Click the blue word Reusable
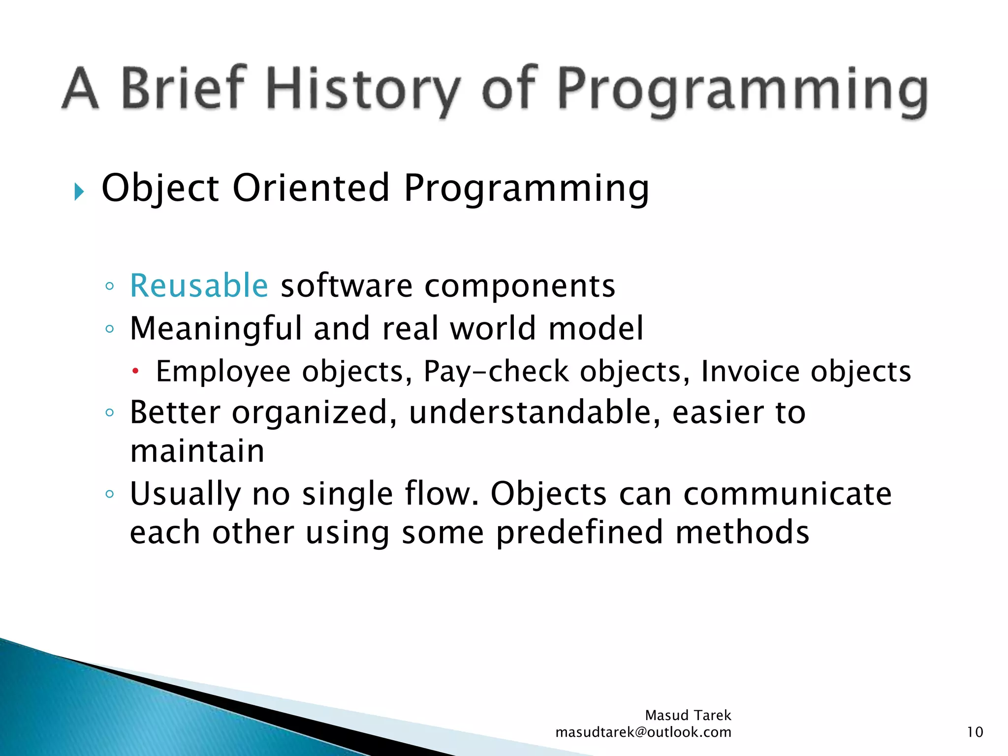(199, 285)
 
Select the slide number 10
(975, 732)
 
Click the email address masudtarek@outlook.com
(643, 732)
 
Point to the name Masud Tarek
(688, 715)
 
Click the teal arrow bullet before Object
(79, 191)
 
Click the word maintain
(197, 451)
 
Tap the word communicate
(787, 494)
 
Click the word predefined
(579, 533)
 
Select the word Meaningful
(216, 328)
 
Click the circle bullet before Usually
(110, 494)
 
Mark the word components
(520, 285)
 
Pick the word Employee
(223, 372)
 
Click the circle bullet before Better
(110, 412)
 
